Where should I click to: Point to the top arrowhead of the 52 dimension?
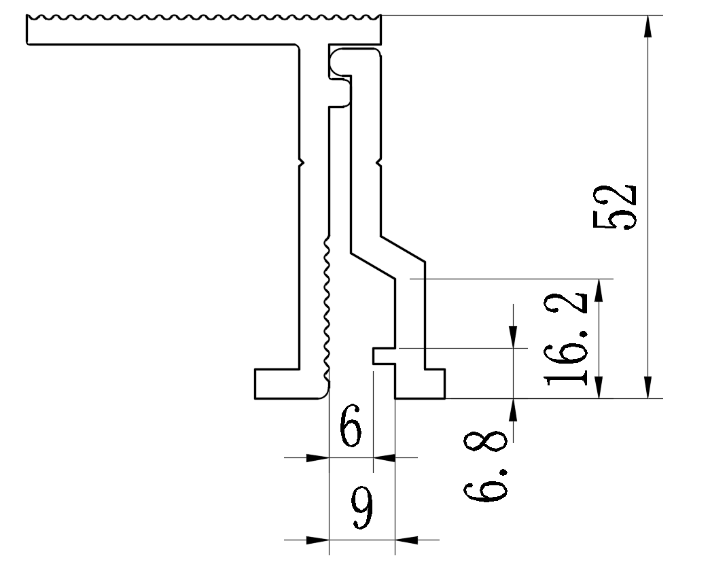pyautogui.click(x=649, y=25)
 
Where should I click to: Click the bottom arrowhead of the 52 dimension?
pyautogui.click(x=649, y=388)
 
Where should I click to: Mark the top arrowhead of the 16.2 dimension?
pyautogui.click(x=599, y=289)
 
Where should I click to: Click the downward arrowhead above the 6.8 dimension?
pyautogui.click(x=513, y=338)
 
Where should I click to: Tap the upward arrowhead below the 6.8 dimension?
pyautogui.click(x=513, y=408)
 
